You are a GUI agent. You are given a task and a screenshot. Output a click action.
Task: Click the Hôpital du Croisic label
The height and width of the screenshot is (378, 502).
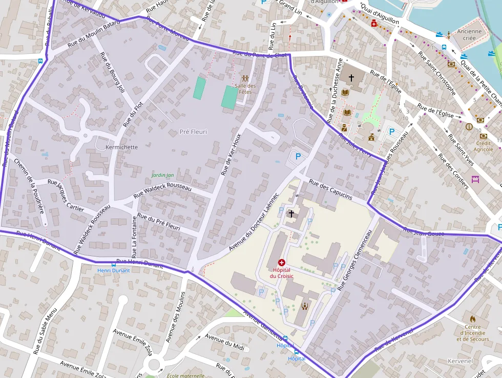281,273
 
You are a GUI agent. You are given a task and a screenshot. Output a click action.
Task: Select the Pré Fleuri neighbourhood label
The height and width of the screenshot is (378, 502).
194,132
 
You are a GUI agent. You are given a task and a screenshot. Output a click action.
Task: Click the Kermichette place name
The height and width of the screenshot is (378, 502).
121,147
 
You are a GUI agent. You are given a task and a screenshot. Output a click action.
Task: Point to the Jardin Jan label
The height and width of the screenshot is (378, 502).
163,175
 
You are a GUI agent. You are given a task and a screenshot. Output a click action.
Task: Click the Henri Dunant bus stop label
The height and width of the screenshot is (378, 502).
113,270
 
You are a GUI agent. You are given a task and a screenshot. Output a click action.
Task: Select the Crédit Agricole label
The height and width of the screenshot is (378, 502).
484,146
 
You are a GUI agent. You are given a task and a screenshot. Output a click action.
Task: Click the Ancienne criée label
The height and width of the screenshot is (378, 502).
469,34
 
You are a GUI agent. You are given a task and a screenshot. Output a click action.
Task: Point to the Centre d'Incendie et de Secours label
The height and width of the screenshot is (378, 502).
472,333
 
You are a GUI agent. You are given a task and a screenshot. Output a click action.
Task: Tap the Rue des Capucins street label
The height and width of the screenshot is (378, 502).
330,190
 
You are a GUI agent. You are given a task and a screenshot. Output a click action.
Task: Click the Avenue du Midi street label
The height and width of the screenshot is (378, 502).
224,341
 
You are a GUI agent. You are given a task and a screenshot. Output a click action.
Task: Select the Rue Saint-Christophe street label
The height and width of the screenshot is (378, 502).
436,73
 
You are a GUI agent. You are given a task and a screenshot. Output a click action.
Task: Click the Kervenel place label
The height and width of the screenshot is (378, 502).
459,361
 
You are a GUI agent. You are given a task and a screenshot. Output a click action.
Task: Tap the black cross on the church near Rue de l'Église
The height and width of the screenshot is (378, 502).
351,77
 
